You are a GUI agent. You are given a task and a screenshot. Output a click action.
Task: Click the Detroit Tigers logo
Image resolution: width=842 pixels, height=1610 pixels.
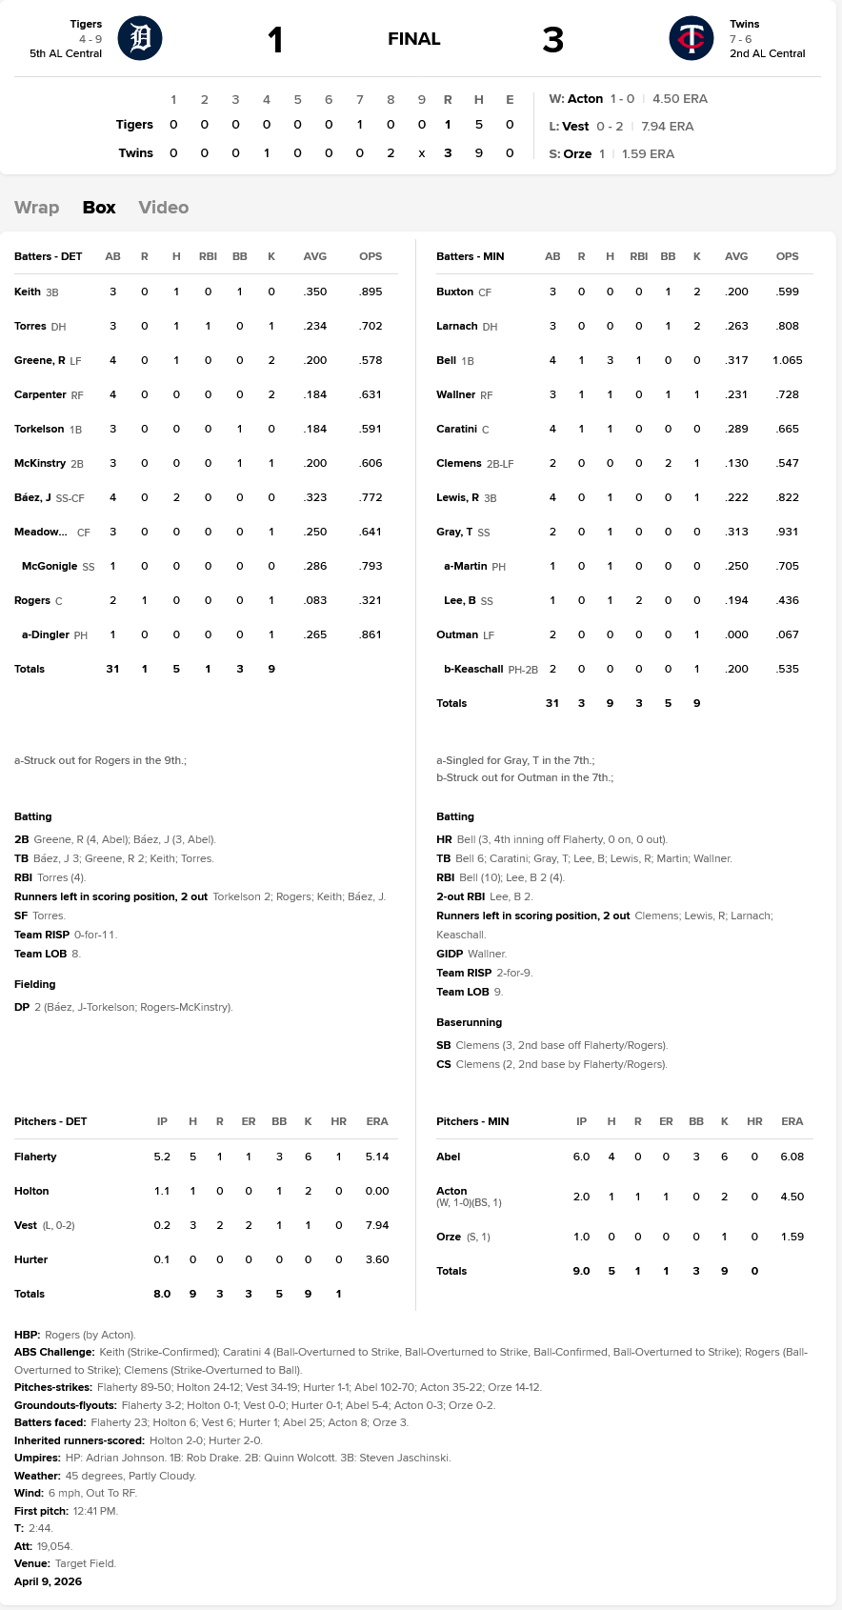point(140,39)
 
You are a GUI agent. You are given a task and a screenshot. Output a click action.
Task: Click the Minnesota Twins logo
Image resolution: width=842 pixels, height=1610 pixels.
point(692,39)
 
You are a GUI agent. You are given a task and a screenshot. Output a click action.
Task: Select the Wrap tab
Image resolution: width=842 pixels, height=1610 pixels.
point(36,208)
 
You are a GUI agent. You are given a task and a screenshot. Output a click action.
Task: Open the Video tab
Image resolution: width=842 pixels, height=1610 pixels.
point(163,208)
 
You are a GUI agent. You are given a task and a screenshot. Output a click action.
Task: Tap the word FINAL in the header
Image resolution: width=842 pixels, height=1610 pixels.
point(413,39)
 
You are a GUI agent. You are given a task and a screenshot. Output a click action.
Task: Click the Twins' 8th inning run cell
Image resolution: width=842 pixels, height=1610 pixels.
point(391,152)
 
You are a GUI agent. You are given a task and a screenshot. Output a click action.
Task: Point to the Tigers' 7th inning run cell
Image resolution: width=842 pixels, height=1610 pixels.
point(360,125)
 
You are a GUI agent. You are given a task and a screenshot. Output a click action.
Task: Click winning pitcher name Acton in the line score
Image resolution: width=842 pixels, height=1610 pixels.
point(585,99)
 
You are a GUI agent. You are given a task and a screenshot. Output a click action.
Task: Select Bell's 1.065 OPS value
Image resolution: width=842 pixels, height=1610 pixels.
point(787,360)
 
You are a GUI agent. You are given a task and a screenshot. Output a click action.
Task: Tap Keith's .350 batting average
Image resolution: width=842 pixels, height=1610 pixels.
point(314,292)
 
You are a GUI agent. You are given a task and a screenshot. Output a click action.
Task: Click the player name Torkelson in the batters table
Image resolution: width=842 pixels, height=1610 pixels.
point(39,429)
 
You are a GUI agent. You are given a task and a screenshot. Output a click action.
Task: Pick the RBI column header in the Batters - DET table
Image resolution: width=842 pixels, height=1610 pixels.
point(208,256)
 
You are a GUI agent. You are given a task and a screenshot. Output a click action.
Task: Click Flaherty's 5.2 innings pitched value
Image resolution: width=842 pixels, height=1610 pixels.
point(162,1157)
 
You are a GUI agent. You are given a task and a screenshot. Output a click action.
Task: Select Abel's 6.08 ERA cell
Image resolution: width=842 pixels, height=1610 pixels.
point(792,1157)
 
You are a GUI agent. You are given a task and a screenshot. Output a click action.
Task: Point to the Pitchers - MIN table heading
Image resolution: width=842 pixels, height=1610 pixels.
point(472,1121)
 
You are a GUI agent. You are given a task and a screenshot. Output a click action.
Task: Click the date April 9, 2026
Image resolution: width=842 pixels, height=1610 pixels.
point(48,1581)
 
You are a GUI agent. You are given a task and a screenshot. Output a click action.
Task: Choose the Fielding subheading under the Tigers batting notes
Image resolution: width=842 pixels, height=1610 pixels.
point(34,984)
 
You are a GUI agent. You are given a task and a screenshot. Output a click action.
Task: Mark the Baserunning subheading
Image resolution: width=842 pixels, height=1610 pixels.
point(469,1022)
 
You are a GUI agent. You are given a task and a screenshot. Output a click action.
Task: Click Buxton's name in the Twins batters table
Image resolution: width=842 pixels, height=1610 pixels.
point(454,292)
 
